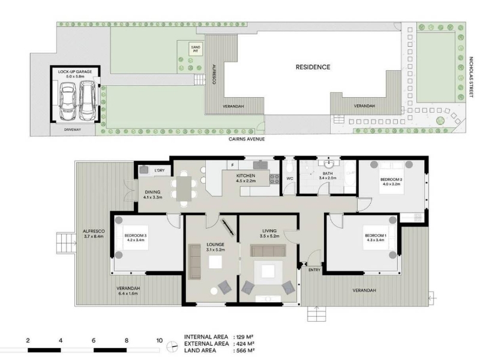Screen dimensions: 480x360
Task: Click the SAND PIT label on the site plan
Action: [x=196, y=49]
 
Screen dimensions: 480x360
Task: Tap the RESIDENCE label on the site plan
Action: [x=313, y=67]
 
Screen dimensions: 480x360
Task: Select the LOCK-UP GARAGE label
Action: [x=75, y=71]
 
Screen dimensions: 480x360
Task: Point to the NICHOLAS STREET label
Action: [x=471, y=77]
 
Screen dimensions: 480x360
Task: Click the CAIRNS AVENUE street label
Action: [x=247, y=139]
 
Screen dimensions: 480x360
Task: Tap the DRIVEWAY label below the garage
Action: [x=73, y=130]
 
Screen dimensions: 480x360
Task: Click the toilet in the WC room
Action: [x=289, y=167]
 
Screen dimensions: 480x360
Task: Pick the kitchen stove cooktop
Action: [x=275, y=179]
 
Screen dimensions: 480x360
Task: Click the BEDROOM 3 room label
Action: [x=136, y=235]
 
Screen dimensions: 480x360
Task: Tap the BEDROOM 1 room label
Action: [x=376, y=235]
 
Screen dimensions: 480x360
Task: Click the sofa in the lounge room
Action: [x=194, y=262]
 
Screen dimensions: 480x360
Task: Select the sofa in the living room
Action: [x=268, y=250]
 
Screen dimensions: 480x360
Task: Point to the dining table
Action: [x=184, y=188]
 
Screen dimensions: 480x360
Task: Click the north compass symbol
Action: [x=173, y=347]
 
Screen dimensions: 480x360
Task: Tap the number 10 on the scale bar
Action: [x=160, y=340]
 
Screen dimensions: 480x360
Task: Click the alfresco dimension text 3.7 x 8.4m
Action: [x=94, y=236]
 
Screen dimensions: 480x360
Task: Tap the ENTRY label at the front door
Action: [x=314, y=270]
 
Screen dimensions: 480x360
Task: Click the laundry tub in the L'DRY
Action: [x=143, y=170]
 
